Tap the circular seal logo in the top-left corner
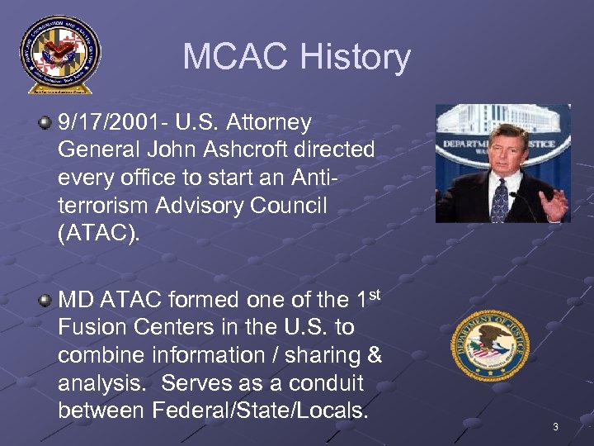point(59,54)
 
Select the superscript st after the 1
point(373,293)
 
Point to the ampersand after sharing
point(374,355)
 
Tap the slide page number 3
point(555,427)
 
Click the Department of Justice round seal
point(489,345)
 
